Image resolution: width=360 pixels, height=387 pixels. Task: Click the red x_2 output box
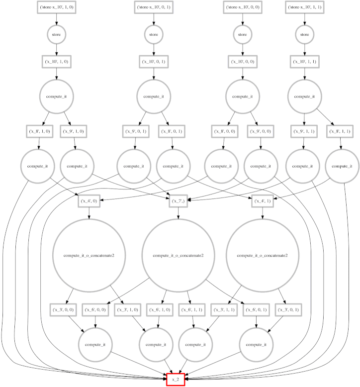click(x=176, y=380)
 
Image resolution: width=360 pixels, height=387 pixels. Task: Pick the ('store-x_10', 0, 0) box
click(x=243, y=8)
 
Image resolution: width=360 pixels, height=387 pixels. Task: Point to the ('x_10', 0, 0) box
click(x=243, y=61)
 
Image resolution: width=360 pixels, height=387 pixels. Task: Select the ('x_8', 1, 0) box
click(x=39, y=132)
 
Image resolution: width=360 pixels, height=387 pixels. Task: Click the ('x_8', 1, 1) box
click(x=341, y=132)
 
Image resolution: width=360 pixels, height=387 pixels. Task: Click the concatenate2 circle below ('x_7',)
click(x=179, y=255)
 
